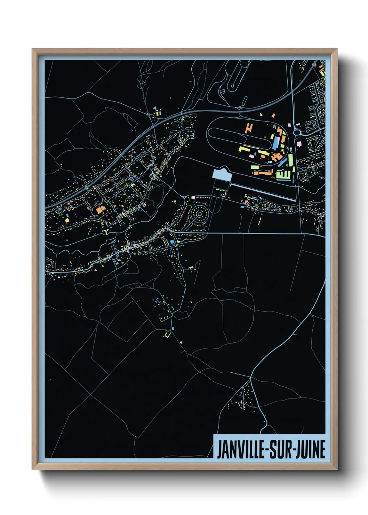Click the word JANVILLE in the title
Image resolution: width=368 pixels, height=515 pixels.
[x=240, y=450]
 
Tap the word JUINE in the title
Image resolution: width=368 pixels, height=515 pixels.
[x=311, y=450]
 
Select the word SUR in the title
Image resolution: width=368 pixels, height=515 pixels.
[x=280, y=450]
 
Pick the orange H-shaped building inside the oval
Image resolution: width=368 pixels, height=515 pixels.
[x=248, y=128]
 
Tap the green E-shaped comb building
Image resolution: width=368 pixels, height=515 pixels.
[x=282, y=174]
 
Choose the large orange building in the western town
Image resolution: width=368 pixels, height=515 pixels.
[x=101, y=209]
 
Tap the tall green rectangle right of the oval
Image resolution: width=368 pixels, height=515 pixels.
[x=290, y=160]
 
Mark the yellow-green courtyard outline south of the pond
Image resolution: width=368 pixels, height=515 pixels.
[x=220, y=192]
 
